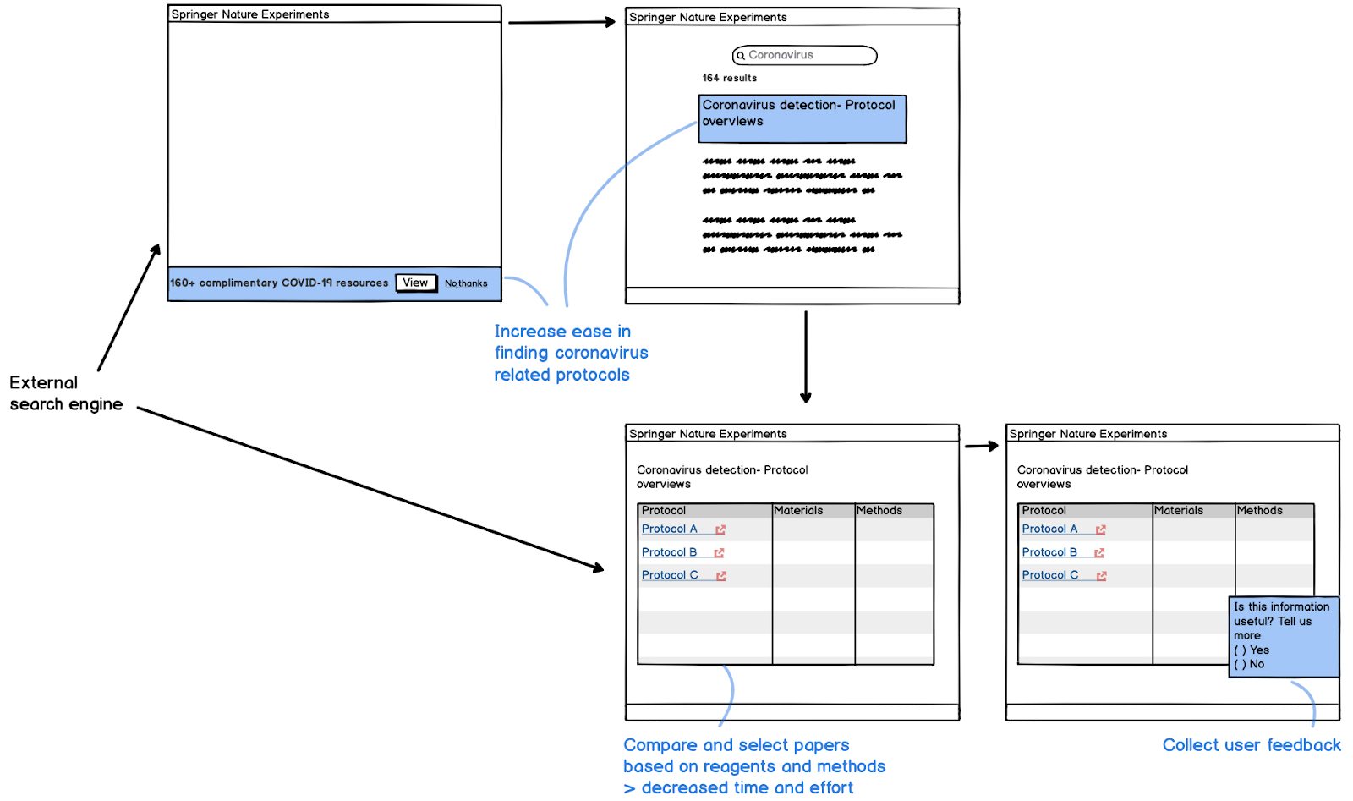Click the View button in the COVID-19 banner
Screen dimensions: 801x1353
415,283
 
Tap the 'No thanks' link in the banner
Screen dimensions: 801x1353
466,283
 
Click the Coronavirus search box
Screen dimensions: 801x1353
804,55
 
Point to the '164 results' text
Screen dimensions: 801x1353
729,78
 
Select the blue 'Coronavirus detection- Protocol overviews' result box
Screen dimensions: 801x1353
802,118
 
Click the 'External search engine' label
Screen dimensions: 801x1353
66,393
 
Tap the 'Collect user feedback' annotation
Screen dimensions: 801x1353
1251,745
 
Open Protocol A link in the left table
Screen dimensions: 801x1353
670,529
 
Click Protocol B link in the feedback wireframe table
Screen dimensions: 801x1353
1049,552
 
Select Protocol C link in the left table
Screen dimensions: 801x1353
670,575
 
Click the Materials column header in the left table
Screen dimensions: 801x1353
798,510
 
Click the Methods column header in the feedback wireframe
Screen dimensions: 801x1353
1259,510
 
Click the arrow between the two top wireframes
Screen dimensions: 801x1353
561,22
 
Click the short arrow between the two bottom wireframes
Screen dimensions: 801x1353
981,446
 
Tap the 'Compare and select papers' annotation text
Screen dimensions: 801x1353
736,745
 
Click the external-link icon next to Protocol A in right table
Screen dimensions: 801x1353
1101,529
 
